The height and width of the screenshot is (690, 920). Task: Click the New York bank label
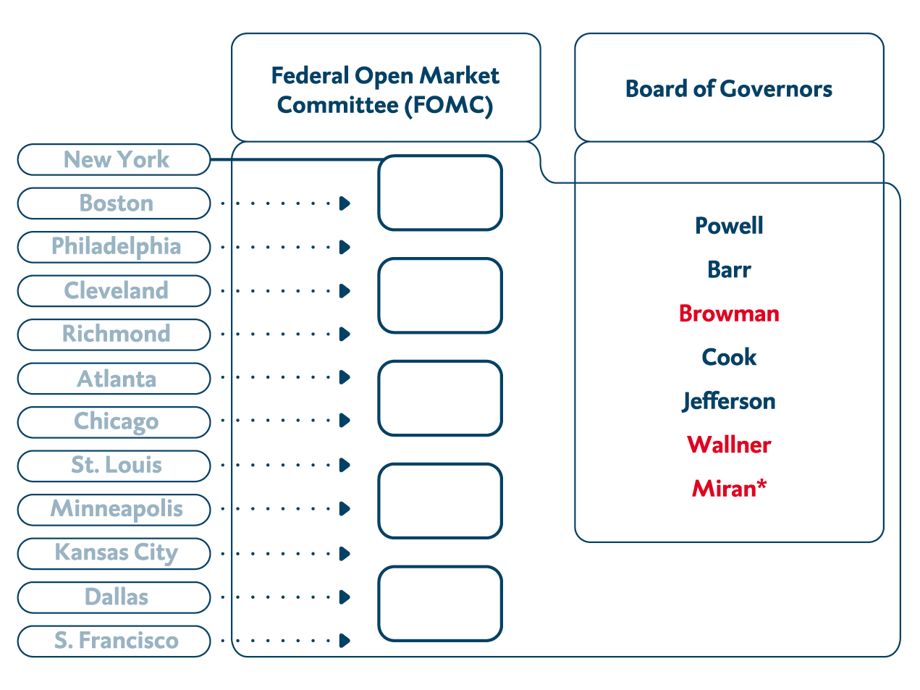tap(116, 159)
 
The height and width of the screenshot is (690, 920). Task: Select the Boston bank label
tap(116, 203)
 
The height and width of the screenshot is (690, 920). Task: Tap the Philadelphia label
tap(116, 247)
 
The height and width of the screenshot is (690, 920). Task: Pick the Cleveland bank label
tap(116, 291)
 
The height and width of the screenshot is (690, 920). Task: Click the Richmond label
tap(116, 335)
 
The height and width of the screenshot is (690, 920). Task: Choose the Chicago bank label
tap(116, 422)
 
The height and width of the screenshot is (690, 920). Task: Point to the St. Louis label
tap(116, 466)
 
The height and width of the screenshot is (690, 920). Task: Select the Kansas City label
tap(116, 553)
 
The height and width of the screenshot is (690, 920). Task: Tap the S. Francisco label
tap(116, 641)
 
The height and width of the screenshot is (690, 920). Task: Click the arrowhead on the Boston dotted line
tap(345, 203)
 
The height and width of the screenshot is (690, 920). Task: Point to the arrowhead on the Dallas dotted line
tap(345, 597)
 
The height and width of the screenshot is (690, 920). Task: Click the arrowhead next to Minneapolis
tap(345, 509)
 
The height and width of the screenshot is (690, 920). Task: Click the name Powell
tap(729, 226)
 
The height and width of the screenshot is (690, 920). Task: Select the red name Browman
tap(729, 314)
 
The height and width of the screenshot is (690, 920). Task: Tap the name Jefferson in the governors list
tap(729, 401)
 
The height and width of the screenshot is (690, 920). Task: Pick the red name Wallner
tap(729, 445)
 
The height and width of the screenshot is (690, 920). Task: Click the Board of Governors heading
tap(729, 89)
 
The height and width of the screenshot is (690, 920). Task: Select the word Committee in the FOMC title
tap(337, 106)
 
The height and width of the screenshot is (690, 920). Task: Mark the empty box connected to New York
tap(440, 193)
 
